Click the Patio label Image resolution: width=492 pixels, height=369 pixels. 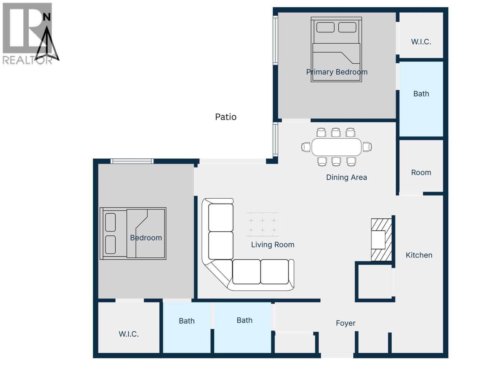tap(226, 117)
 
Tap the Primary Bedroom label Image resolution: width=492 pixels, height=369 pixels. tap(337, 72)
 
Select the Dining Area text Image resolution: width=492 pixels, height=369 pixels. tap(346, 177)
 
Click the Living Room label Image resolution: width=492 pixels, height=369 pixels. tap(272, 245)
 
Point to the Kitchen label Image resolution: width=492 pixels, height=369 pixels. tap(419, 255)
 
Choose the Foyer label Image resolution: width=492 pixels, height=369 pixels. tap(346, 323)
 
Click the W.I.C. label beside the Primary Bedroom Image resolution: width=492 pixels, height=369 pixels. tap(421, 42)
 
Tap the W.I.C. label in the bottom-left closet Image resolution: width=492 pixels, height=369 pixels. tap(129, 334)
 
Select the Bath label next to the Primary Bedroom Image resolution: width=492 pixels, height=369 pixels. tap(421, 94)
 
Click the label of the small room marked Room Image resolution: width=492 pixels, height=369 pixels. tap(421, 173)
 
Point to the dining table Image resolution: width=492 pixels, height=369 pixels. tap(336, 147)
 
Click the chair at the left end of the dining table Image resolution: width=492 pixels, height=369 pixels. tap(306, 147)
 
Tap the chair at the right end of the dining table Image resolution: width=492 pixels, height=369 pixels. tap(367, 147)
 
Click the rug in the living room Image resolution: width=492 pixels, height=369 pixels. tap(262, 225)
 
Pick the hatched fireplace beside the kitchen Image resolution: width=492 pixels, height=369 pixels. tap(381, 240)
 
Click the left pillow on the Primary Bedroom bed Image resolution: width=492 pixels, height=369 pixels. tap(325, 27)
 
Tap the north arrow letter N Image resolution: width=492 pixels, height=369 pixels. tap(46, 17)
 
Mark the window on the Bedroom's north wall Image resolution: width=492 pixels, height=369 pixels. tap(132, 161)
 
